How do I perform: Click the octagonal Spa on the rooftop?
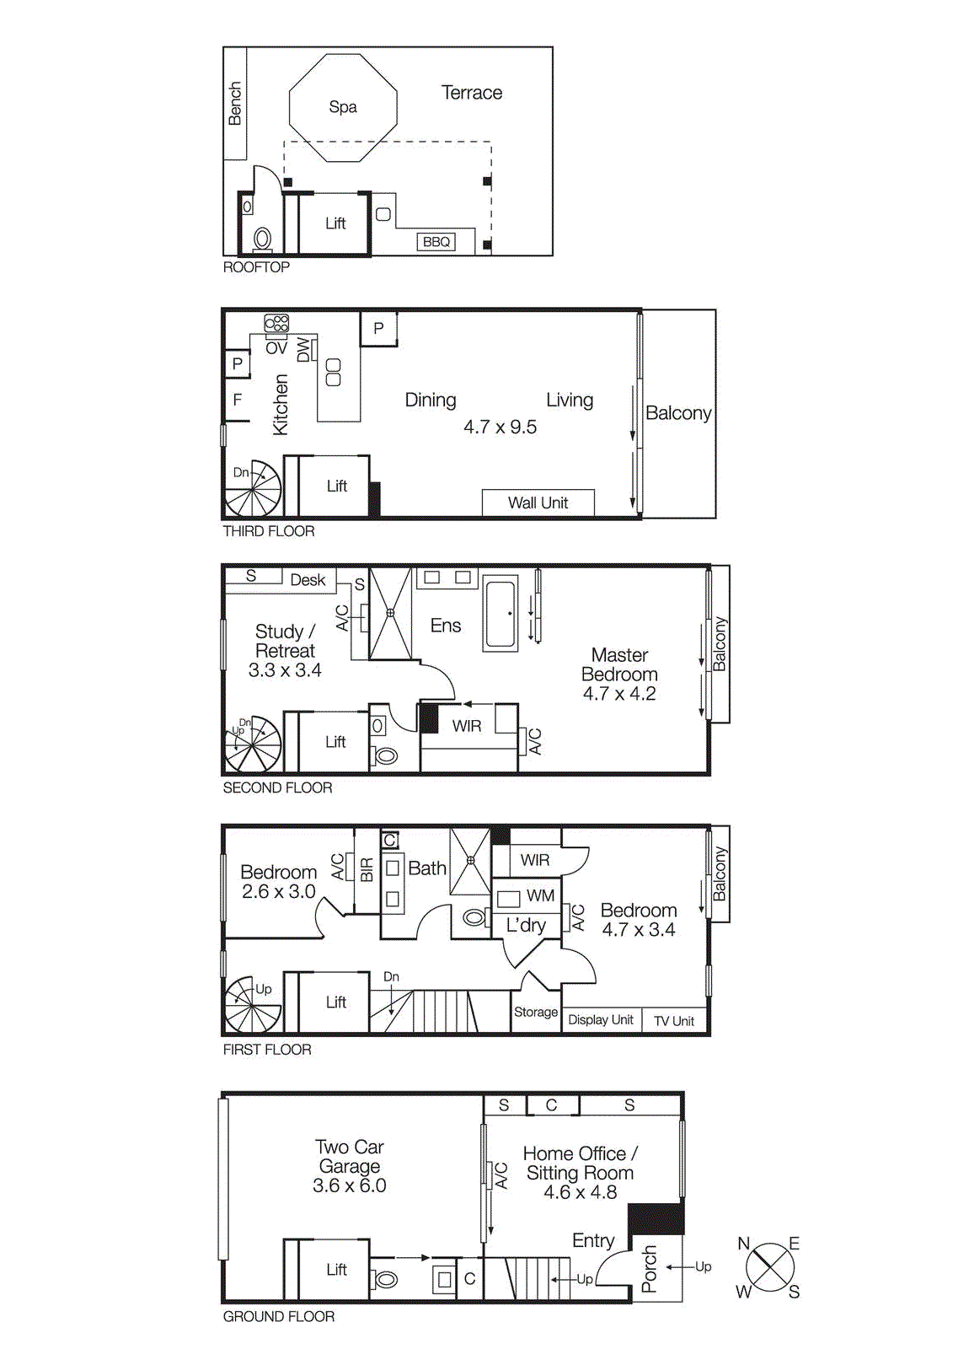(x=343, y=107)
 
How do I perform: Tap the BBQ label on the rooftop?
(x=436, y=242)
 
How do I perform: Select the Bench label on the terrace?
(x=235, y=104)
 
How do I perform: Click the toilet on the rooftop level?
(x=262, y=239)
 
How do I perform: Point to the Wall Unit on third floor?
(x=538, y=503)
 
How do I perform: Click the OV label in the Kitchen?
(x=276, y=347)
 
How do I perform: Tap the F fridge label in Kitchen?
(x=238, y=400)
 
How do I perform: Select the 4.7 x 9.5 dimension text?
(x=500, y=427)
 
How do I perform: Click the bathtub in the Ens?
(x=501, y=614)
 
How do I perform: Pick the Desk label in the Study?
(x=308, y=580)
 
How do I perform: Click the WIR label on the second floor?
(x=467, y=726)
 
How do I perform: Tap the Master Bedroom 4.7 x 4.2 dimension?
(x=619, y=694)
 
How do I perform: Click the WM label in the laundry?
(x=540, y=895)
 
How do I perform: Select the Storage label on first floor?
(x=536, y=1012)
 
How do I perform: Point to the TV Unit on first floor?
(x=674, y=1021)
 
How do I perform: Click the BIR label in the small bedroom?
(x=367, y=869)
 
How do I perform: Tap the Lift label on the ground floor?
(x=336, y=1270)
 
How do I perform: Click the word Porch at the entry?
(x=650, y=1269)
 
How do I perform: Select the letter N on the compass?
(x=743, y=1244)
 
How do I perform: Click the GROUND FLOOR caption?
(x=279, y=1317)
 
